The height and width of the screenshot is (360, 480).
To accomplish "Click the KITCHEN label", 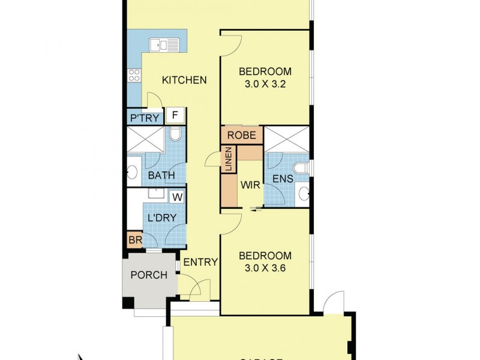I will pyautogui.click(x=185, y=80).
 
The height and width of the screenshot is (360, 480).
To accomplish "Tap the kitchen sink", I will pyautogui.click(x=165, y=44).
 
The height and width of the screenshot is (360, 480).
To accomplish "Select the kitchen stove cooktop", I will pyautogui.click(x=134, y=75).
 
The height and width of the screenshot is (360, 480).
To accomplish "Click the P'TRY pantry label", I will pyautogui.click(x=144, y=119).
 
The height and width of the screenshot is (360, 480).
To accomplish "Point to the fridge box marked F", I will pyautogui.click(x=176, y=115).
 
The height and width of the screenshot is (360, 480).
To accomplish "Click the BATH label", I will pyautogui.click(x=161, y=176).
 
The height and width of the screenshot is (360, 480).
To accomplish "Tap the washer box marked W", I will pyautogui.click(x=178, y=196).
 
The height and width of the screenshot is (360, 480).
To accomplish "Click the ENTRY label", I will pyautogui.click(x=200, y=262).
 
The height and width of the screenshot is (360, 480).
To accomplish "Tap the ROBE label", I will pyautogui.click(x=242, y=136).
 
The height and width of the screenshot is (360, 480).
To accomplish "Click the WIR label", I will pyautogui.click(x=250, y=185).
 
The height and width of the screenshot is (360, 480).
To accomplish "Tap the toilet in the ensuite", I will pyautogui.click(x=301, y=166).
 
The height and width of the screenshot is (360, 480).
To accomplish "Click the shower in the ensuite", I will pyautogui.click(x=286, y=139).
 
